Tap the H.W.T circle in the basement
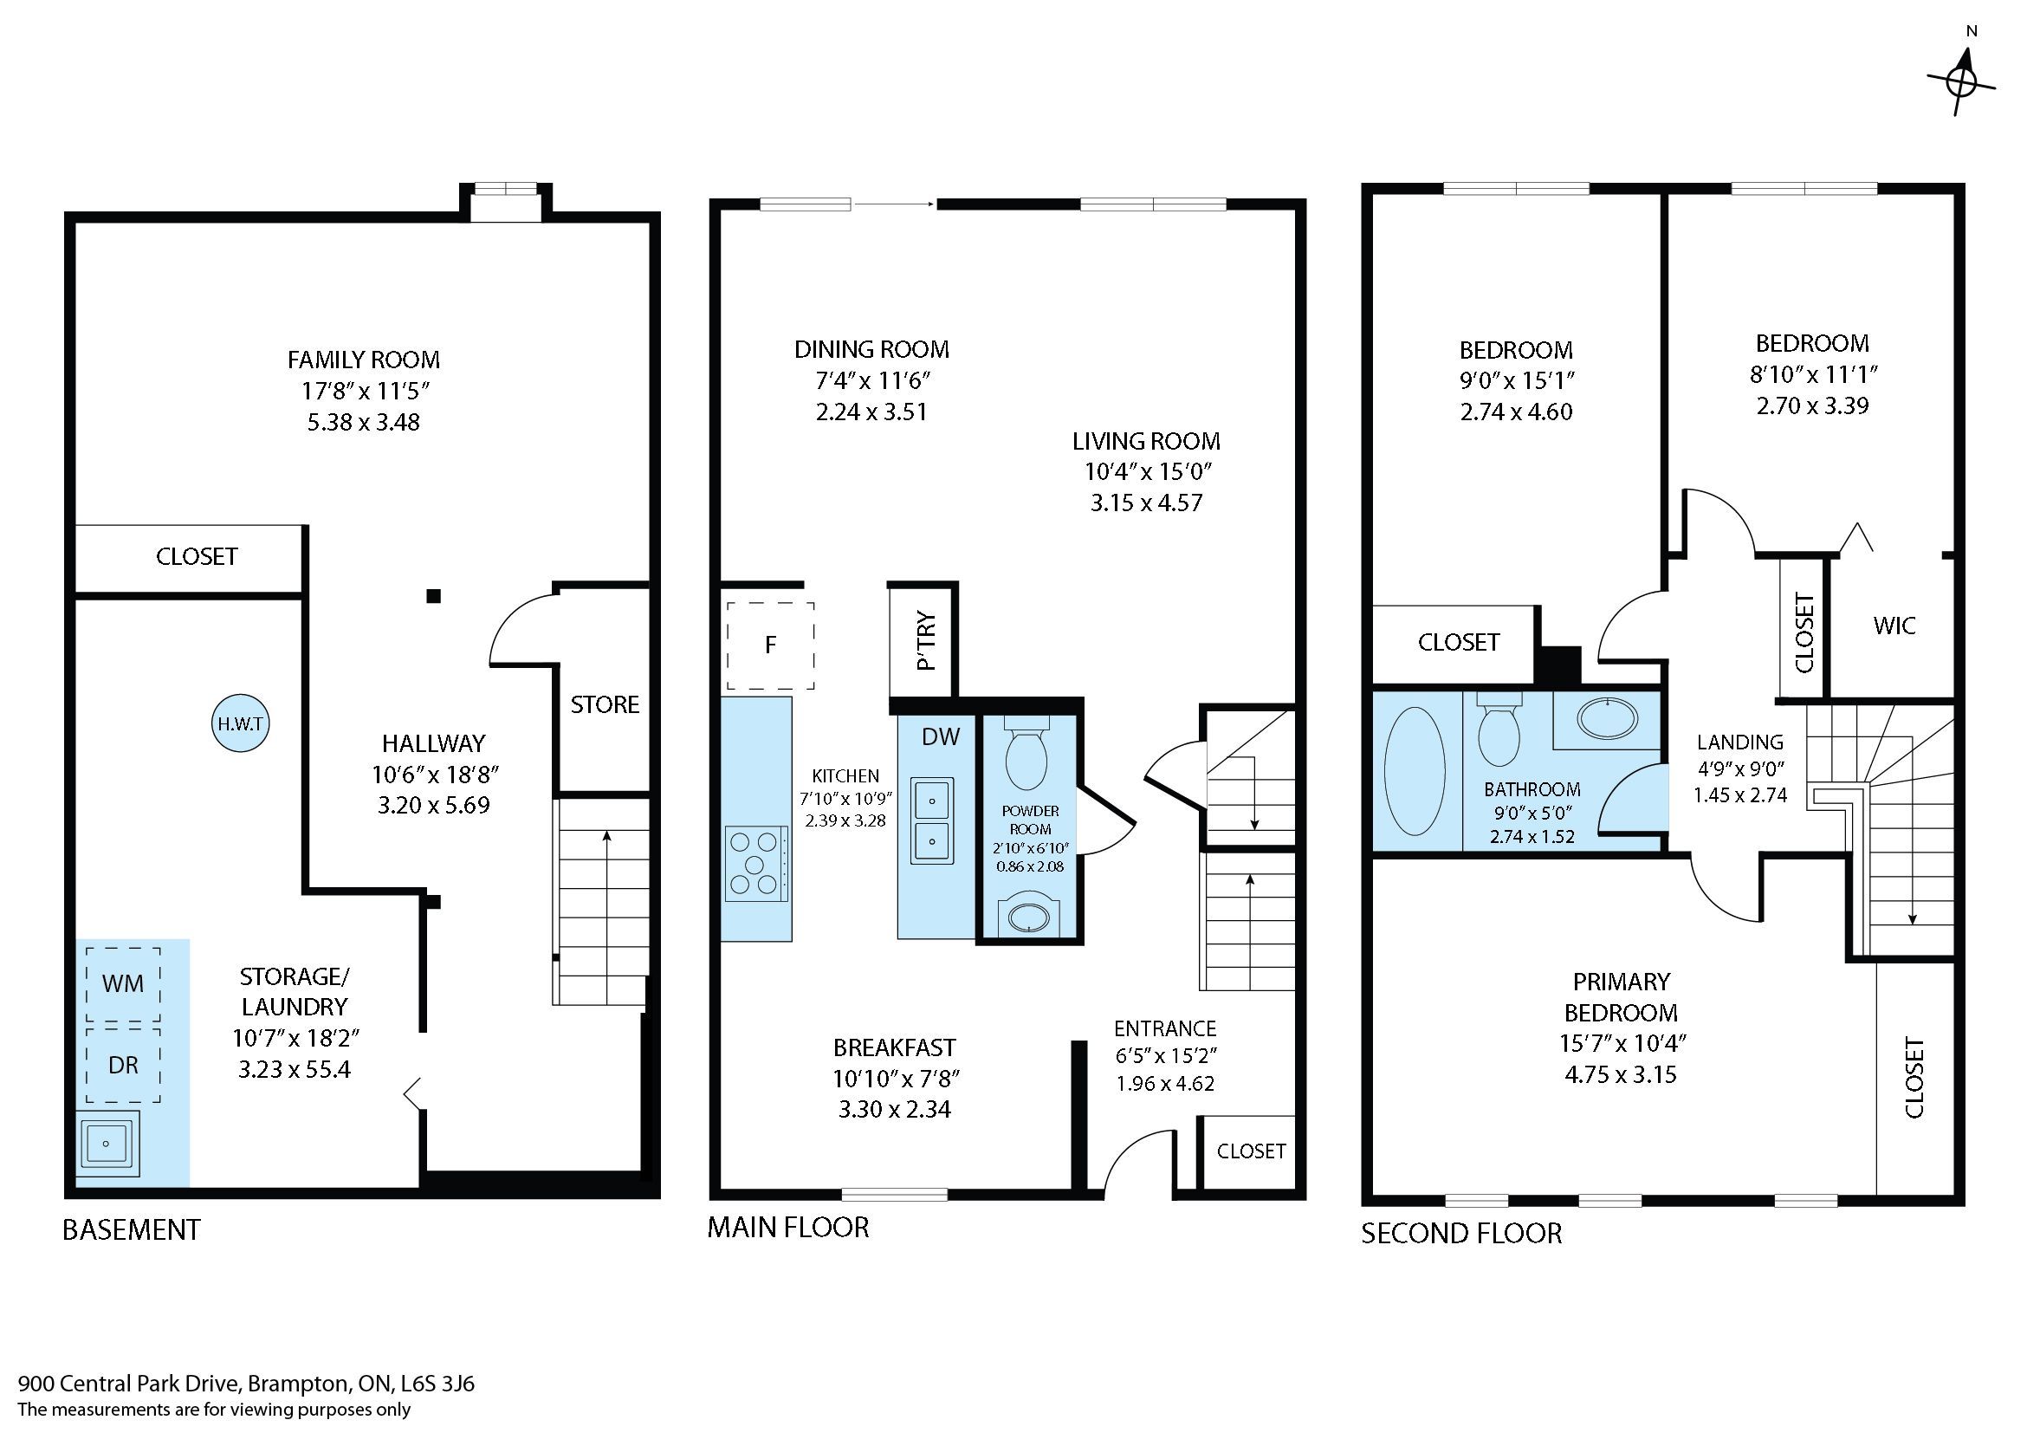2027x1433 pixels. [241, 724]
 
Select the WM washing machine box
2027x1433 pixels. [123, 983]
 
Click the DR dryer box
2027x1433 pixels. [123, 1065]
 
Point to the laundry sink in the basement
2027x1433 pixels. [107, 1144]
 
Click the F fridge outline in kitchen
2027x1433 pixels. [770, 645]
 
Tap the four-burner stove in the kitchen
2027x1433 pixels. [756, 864]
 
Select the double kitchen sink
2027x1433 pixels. [932, 820]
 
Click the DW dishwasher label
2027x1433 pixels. [940, 736]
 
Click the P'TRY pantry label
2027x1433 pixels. [925, 640]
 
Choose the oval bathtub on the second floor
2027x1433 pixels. [1415, 771]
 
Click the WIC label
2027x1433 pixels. [1894, 626]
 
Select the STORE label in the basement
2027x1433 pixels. [605, 704]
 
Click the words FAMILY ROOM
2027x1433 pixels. [364, 360]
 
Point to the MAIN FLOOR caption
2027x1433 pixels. [788, 1228]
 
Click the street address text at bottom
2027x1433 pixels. [246, 1384]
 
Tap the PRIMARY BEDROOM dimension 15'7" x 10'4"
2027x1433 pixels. [1622, 1044]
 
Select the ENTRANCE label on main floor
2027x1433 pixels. [1165, 1028]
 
